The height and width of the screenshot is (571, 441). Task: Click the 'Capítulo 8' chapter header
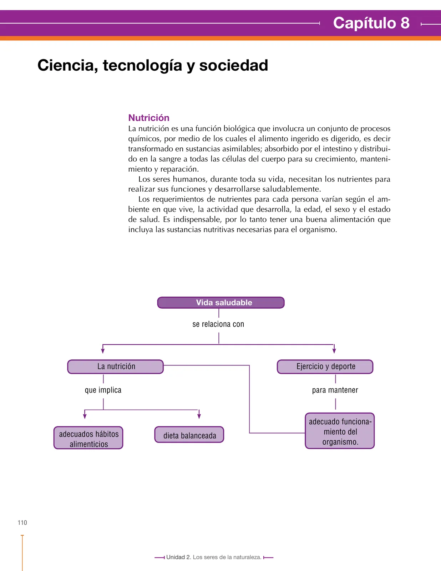coord(371,23)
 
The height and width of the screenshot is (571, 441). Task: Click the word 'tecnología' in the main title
coord(142,66)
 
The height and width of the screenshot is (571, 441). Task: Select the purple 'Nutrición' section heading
coord(149,118)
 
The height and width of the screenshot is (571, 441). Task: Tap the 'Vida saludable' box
coord(220,302)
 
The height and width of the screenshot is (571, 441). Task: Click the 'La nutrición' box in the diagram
coord(115,367)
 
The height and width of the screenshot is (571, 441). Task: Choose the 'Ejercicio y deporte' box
coord(325,367)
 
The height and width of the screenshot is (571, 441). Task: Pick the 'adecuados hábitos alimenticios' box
coord(88,438)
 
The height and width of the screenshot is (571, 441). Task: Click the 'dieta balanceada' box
coord(189,435)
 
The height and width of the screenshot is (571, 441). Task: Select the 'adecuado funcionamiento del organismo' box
coord(340,431)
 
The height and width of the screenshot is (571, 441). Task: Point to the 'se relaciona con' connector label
coord(218,324)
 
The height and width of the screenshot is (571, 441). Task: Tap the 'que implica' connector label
coord(103,390)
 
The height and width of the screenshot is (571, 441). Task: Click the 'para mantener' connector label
coord(335,390)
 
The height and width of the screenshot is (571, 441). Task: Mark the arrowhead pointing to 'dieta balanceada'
coord(199,416)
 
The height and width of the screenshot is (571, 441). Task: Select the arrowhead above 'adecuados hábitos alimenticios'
coord(85,416)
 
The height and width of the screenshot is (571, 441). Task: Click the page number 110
coord(22,523)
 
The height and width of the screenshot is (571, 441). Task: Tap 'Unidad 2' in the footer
coord(179,557)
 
